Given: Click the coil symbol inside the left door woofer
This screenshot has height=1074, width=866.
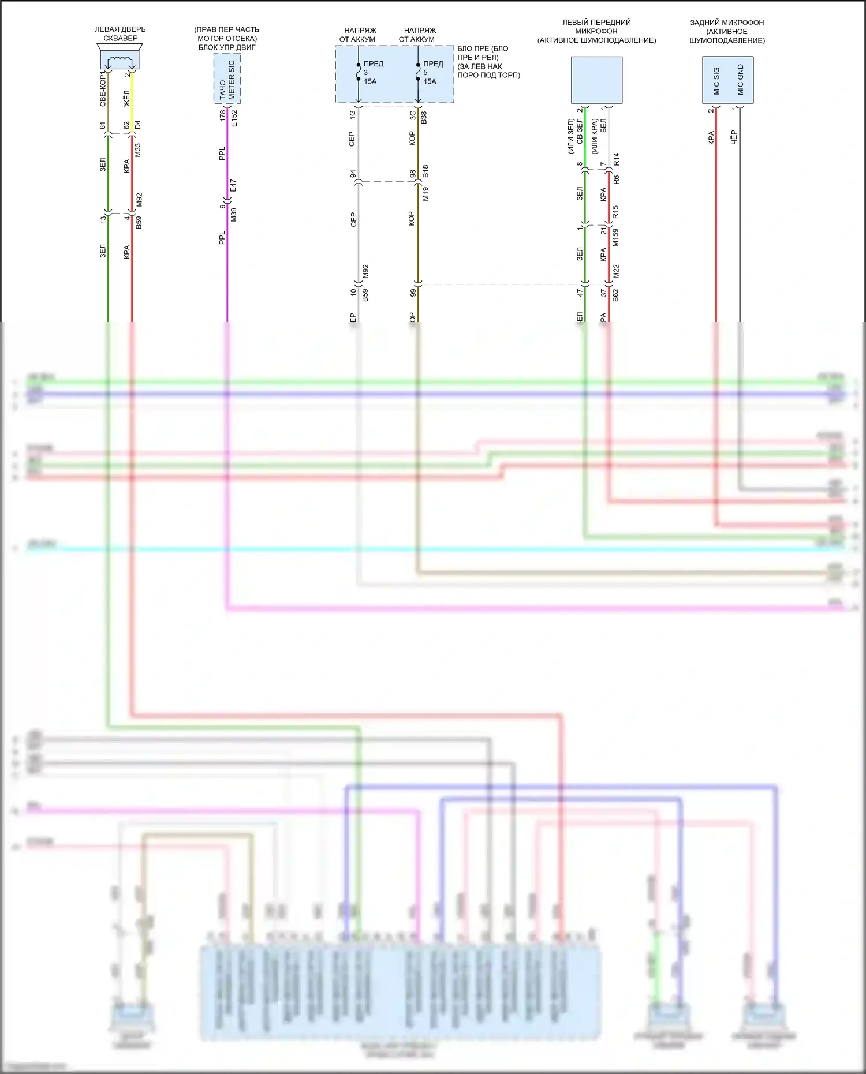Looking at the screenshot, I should [x=120, y=59].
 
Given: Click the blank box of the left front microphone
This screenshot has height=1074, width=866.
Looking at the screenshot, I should [x=596, y=80].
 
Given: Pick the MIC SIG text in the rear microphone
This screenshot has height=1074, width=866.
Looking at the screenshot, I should [x=716, y=81].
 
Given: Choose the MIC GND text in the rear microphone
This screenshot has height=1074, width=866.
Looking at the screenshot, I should [x=740, y=80].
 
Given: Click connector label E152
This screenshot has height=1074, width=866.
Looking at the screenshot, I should [x=234, y=118].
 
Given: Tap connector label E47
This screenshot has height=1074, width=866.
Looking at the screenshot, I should [x=233, y=186].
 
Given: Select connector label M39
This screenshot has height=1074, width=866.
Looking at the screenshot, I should [x=234, y=215].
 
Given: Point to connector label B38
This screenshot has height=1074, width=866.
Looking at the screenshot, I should [x=424, y=118].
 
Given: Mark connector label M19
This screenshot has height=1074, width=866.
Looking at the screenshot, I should [x=425, y=194].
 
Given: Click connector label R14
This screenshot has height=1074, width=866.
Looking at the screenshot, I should [x=616, y=159].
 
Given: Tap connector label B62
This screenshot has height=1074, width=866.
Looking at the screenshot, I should [x=615, y=295].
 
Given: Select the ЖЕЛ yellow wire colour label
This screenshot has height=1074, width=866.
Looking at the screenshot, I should [x=127, y=98].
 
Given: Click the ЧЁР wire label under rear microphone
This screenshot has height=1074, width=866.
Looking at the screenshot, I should [x=734, y=137].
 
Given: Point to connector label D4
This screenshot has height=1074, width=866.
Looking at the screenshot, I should [x=137, y=125].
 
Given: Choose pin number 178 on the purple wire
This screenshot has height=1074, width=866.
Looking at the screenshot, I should [x=223, y=115].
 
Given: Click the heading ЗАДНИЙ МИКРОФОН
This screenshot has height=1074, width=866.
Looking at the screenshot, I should [x=727, y=23].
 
